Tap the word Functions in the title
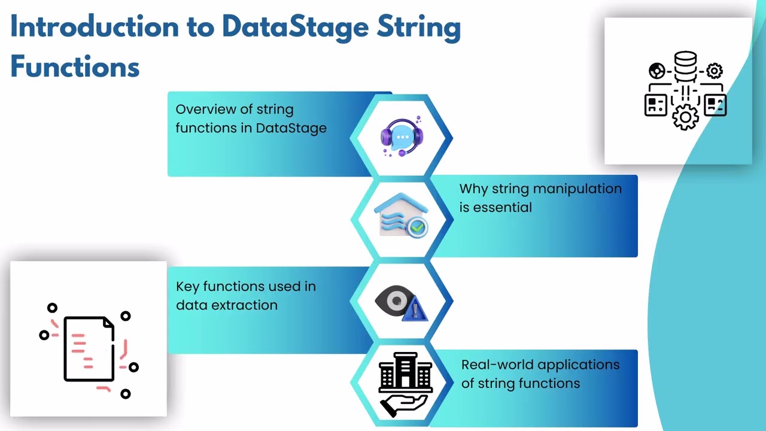pos(75,66)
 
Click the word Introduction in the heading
pos(94,28)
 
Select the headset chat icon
pos(402,136)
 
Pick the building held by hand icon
pos(405,384)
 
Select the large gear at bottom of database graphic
pos(685,117)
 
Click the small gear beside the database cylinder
pos(714,71)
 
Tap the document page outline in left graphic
pos(89,349)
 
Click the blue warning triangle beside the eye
pos(416,310)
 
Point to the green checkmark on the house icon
pos(418,227)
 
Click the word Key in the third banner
pos(187,287)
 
